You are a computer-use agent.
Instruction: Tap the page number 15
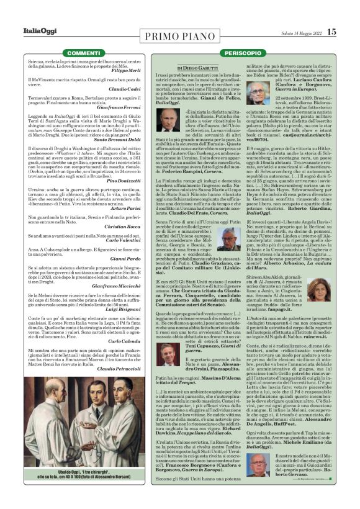click(332, 32)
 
